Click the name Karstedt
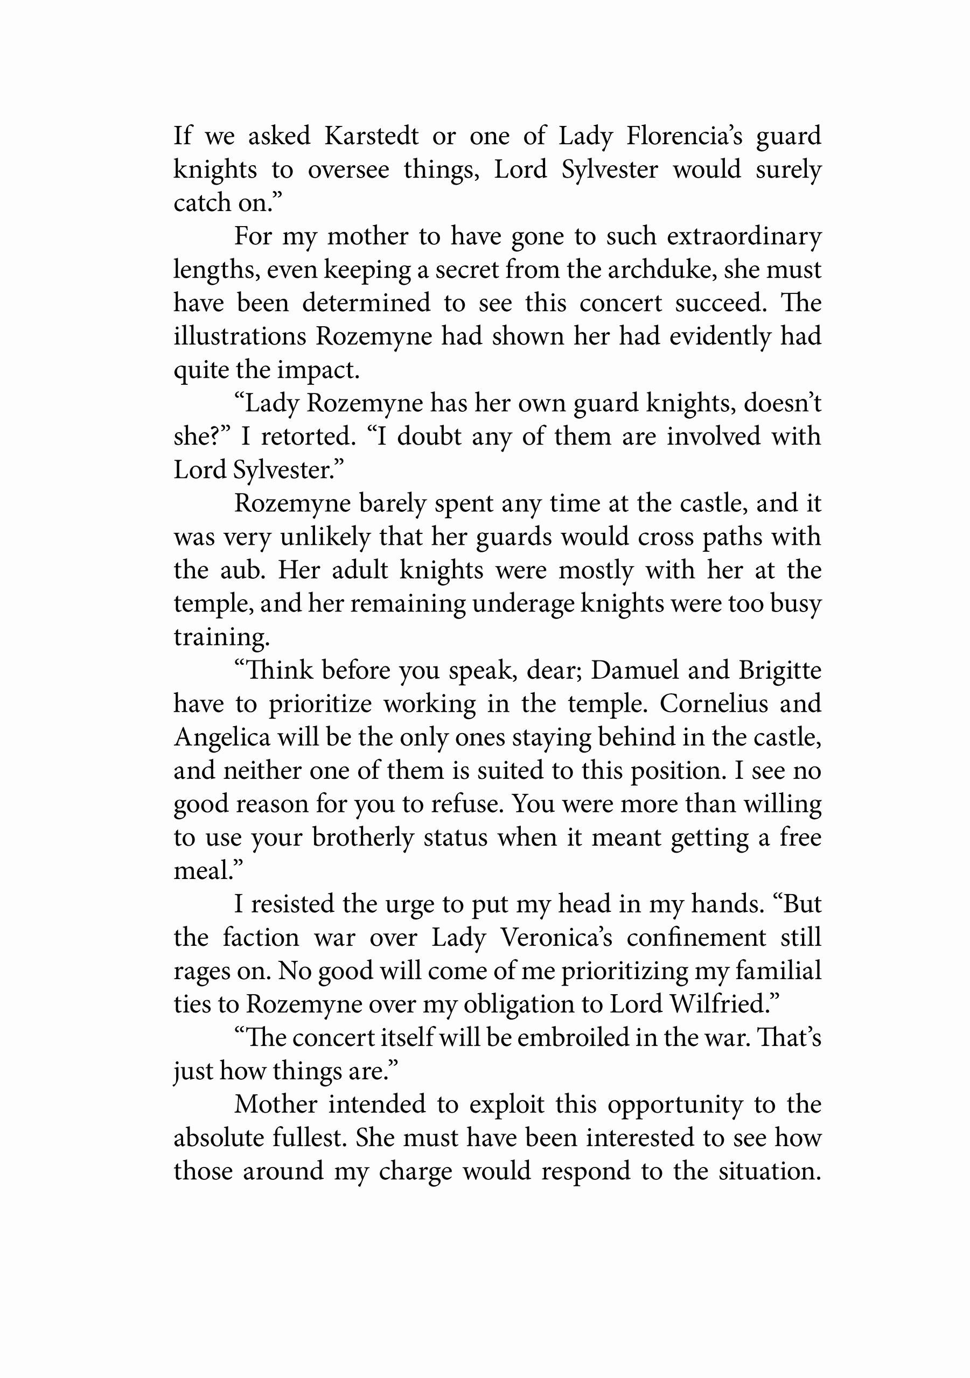pos(371,136)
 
